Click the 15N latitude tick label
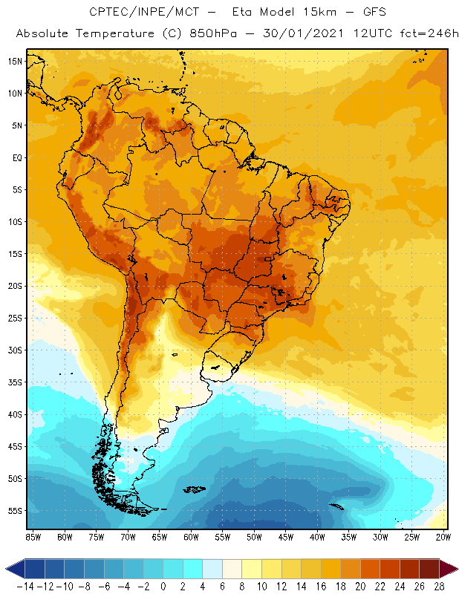(14, 61)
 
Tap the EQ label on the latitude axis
(15, 157)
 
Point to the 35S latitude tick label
(14, 382)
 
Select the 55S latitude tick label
(14, 511)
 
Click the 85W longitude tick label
(33, 537)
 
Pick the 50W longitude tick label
(255, 537)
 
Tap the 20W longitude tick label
(443, 537)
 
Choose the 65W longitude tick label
(160, 537)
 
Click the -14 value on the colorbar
(26, 587)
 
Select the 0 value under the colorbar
(163, 587)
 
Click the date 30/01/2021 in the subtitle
(295, 34)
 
